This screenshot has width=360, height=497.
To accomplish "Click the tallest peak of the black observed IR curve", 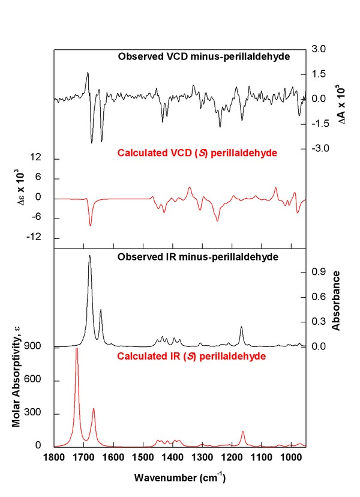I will pos(90,256).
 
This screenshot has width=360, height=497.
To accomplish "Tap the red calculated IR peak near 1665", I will pos(94,409).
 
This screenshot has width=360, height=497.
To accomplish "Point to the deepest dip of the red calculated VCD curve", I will pos(91,226).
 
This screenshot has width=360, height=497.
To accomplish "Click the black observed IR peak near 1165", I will pos(241,327).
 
